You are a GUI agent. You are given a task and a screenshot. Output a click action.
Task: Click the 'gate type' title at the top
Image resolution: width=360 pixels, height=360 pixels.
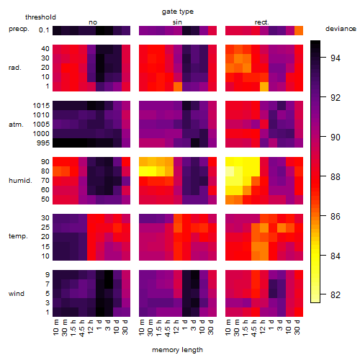pyautogui.click(x=178, y=12)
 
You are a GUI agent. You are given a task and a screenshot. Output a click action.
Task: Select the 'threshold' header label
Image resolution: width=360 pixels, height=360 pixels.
pyautogui.click(x=40, y=17)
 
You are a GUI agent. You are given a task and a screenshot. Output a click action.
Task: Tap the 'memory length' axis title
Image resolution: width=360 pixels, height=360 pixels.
pyautogui.click(x=178, y=350)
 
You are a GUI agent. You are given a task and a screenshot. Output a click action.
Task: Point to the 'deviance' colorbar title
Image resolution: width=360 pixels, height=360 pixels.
pyautogui.click(x=341, y=29)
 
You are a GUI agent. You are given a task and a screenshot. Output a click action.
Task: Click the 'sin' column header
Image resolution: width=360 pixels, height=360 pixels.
pyautogui.click(x=177, y=22)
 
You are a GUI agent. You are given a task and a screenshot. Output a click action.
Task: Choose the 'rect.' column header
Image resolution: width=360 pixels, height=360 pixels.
pyautogui.click(x=262, y=22)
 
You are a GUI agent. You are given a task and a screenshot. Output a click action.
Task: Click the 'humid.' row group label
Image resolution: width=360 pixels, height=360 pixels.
pyautogui.click(x=20, y=181)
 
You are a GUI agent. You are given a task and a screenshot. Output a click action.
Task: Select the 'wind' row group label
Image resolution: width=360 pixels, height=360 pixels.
pyautogui.click(x=17, y=294)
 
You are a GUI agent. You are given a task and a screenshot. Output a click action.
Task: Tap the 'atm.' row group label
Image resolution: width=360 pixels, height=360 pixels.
pyautogui.click(x=16, y=125)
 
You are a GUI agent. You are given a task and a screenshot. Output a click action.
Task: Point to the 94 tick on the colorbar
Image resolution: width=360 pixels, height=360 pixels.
pyautogui.click(x=336, y=58)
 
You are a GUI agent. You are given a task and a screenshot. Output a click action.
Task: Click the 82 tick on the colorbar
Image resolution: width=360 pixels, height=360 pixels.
pyautogui.click(x=336, y=294)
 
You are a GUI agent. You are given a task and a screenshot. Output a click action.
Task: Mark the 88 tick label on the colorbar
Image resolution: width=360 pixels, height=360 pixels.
pyautogui.click(x=336, y=177)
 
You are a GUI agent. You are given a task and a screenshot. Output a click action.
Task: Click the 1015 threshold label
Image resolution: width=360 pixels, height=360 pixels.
pyautogui.click(x=41, y=106)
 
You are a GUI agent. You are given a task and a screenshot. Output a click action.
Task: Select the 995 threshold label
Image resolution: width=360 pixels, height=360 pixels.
pyautogui.click(x=43, y=143)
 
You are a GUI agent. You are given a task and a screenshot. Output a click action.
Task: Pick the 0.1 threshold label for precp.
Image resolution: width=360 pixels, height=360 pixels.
pyautogui.click(x=44, y=30)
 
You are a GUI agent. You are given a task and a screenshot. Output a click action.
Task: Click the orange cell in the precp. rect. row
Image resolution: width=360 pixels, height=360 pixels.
pyautogui.click(x=299, y=30)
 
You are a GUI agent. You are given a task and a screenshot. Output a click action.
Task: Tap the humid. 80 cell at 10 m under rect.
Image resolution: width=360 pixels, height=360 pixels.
pyautogui.click(x=230, y=171)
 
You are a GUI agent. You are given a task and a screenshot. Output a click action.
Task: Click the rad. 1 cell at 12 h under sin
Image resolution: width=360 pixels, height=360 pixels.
pyautogui.click(x=178, y=86)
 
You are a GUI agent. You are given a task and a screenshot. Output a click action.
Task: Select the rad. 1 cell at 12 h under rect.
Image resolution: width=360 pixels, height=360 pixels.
pyautogui.click(x=264, y=86)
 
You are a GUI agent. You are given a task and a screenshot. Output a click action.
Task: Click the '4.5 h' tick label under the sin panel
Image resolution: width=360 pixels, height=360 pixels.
pyautogui.click(x=168, y=328)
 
